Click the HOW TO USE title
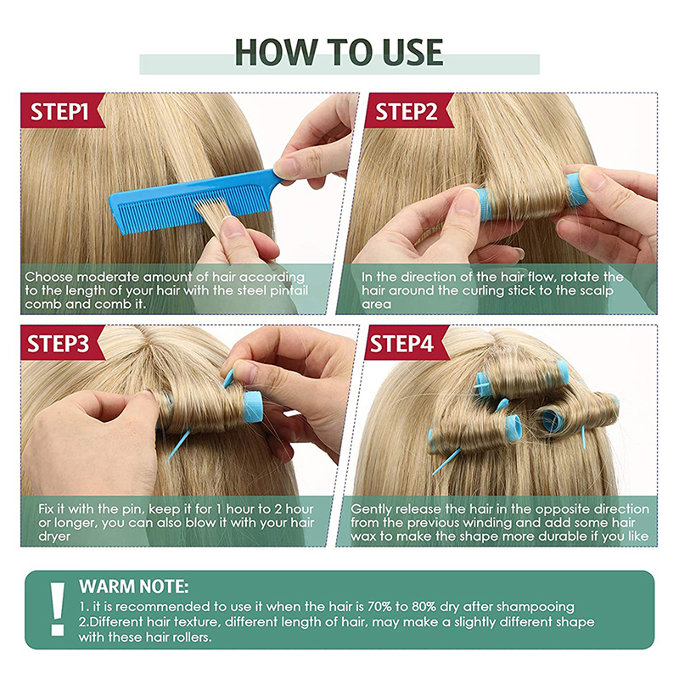339,53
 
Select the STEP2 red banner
407,111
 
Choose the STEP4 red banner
404,343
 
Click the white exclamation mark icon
57,609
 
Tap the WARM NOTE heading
134,586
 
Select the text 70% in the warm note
379,606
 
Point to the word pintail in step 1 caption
289,290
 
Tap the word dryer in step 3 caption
54,537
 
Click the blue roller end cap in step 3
253,407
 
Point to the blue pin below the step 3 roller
179,444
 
